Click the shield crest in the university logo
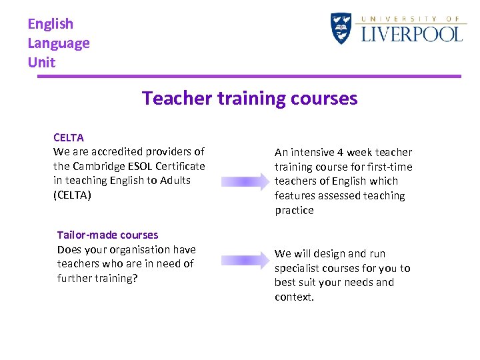(x=341, y=29)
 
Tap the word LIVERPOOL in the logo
(x=411, y=34)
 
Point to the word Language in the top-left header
(x=59, y=43)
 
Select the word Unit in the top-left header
(x=41, y=63)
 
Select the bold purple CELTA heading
(x=69, y=138)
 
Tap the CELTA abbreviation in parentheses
(x=72, y=195)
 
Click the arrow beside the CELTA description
(x=244, y=181)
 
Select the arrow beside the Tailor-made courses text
(x=244, y=261)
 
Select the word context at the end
(x=293, y=297)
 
